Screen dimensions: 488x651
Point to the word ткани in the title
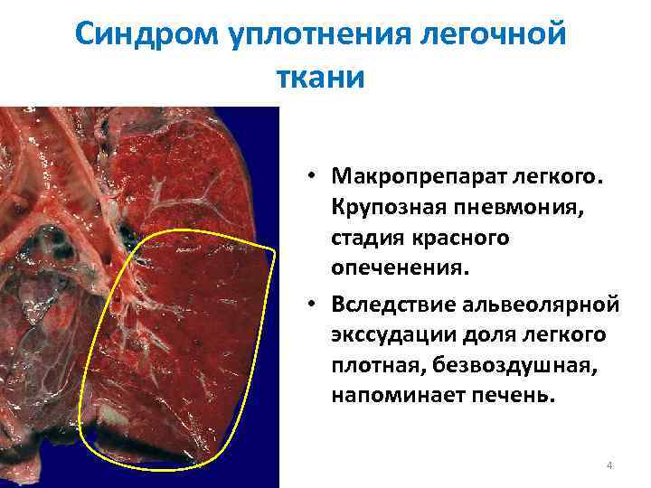tap(325, 76)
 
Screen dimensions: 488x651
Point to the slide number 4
tap(609, 465)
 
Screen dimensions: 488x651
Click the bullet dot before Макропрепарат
tap(308, 174)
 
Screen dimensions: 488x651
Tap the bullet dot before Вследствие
tap(308, 302)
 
